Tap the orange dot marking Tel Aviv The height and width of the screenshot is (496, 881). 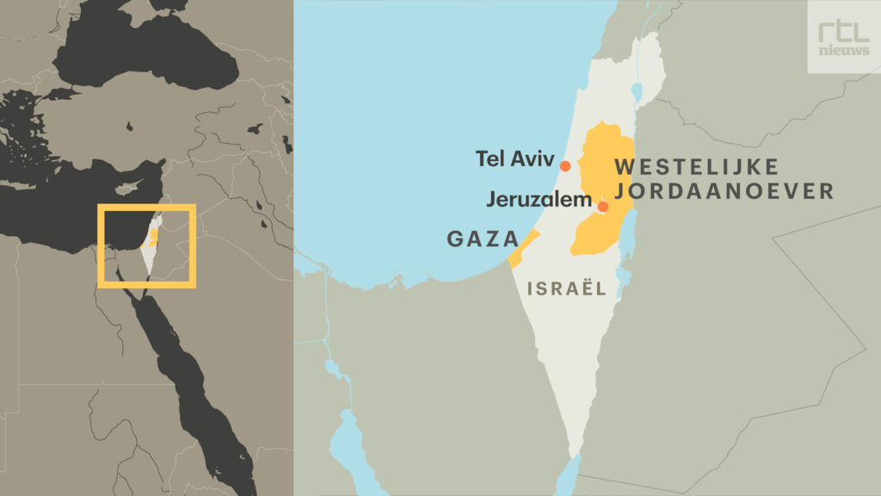565,166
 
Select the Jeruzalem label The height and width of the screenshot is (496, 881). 539,200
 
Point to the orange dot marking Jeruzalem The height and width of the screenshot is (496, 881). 602,207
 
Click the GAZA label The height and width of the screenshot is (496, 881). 483,239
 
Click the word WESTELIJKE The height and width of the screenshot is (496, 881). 697,166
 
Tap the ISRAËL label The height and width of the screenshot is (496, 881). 567,289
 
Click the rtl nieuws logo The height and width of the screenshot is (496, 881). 843,37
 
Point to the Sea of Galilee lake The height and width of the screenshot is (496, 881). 637,90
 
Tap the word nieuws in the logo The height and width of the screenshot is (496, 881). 843,51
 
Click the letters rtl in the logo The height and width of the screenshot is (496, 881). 843,30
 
